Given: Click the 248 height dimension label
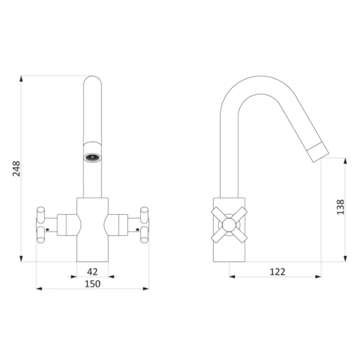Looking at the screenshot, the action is pyautogui.click(x=16, y=169).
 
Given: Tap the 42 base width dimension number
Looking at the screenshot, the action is pyautogui.click(x=93, y=272).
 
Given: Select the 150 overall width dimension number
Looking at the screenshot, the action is pyautogui.click(x=93, y=284).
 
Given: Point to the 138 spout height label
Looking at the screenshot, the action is pyautogui.click(x=340, y=207).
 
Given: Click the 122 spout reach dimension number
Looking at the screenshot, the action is pyautogui.click(x=278, y=272).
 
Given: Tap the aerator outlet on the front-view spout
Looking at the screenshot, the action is pyautogui.click(x=93, y=157).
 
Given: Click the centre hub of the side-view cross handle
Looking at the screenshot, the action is pyautogui.click(x=229, y=224).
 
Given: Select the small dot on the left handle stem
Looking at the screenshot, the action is pyautogui.click(x=48, y=229).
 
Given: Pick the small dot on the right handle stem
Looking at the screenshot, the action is pyautogui.click(x=138, y=229).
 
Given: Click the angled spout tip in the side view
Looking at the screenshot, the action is pyautogui.click(x=318, y=152).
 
